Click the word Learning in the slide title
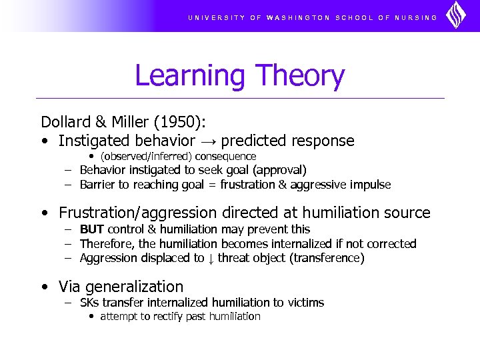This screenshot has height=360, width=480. click(190, 76)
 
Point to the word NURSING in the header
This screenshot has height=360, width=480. click(416, 18)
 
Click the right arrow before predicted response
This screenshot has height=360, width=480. click(208, 141)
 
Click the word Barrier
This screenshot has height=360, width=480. click(98, 185)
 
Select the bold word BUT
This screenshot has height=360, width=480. click(91, 229)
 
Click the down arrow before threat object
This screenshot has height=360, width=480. click(211, 259)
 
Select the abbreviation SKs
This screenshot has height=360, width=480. click(89, 303)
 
